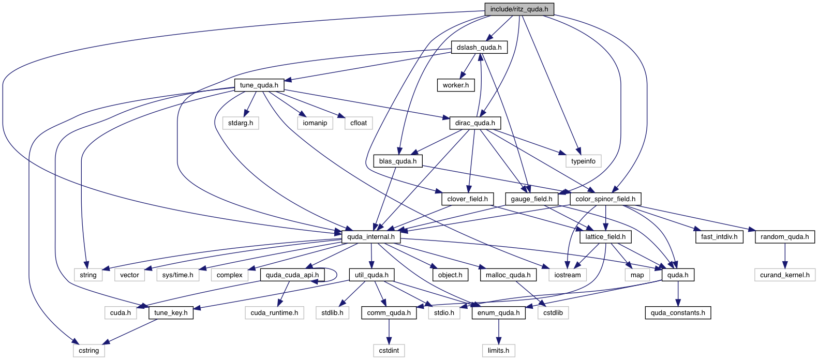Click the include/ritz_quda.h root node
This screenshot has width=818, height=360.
coord(519,9)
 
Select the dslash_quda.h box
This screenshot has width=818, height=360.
coord(479,48)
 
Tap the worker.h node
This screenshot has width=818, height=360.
coord(455,85)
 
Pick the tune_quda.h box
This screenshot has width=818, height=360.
coord(259,85)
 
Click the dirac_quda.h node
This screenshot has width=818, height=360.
coord(475,123)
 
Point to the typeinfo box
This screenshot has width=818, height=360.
coord(583,161)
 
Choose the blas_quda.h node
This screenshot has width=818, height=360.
coord(397,161)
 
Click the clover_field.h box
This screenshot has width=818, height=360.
coord(467,199)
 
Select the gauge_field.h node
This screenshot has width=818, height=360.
coord(531,199)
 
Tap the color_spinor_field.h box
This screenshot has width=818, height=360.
coord(605,199)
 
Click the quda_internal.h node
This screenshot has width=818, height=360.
coord(370,237)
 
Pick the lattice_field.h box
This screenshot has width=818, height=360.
coord(605,237)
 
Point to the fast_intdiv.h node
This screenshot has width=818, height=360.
coord(719,237)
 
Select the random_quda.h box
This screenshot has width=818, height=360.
coord(784,237)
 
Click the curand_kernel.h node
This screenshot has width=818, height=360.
coord(784,275)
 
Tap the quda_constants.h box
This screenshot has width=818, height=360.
coord(678,313)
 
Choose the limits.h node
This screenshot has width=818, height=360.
coord(498,351)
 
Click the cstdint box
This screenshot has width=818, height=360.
coord(389,351)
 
